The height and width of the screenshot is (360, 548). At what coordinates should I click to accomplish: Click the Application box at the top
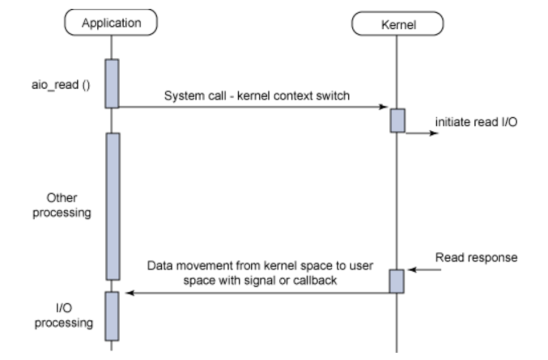coord(111,23)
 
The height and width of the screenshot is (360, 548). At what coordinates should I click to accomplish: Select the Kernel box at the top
coord(397,24)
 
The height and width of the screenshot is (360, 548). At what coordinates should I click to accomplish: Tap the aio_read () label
coord(61,85)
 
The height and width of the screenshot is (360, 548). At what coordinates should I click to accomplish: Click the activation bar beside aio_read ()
coord(112,84)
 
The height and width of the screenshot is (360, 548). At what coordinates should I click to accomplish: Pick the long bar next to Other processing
coord(113,206)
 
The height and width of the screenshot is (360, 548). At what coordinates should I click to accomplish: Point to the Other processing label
coord(62,205)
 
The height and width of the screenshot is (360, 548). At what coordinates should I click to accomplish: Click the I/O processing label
coord(64,316)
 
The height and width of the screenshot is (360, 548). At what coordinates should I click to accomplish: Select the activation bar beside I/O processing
coord(112,316)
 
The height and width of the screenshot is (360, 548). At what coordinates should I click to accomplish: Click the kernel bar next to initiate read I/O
coord(397,120)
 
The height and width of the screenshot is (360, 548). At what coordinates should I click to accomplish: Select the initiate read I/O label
coord(476,122)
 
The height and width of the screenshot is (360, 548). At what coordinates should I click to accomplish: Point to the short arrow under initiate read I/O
coord(423,133)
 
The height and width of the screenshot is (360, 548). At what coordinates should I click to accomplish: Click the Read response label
coord(476,257)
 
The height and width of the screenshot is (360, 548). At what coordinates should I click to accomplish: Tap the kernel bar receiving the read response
coord(397,281)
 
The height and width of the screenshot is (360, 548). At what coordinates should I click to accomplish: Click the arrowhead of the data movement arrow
coord(129,293)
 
